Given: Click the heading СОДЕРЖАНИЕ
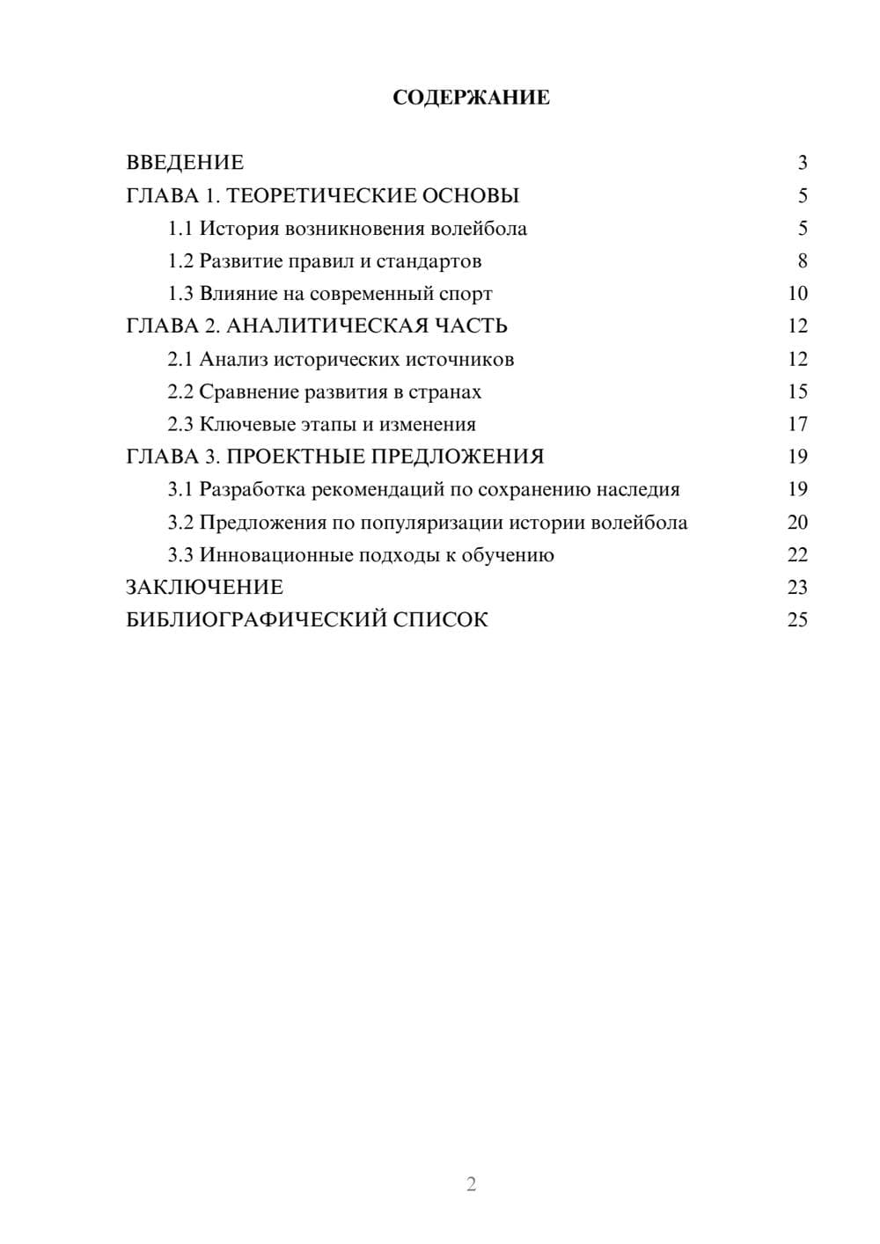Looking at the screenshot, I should (471, 98).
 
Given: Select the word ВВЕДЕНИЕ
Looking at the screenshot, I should (185, 163).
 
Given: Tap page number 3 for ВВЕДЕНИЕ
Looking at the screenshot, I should (803, 163).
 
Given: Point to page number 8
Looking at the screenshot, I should (803, 261).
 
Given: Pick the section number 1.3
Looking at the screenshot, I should (180, 294).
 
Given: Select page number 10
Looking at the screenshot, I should (797, 294).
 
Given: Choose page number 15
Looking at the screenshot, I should (797, 391).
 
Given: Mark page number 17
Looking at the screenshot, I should (797, 425).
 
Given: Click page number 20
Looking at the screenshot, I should (797, 523).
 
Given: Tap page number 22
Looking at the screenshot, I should (797, 555).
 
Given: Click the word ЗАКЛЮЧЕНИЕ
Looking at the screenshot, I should (204, 588).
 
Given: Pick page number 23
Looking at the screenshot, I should (797, 588).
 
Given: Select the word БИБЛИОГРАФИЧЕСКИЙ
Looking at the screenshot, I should (255, 620).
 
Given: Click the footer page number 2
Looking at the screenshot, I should (471, 1184).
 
